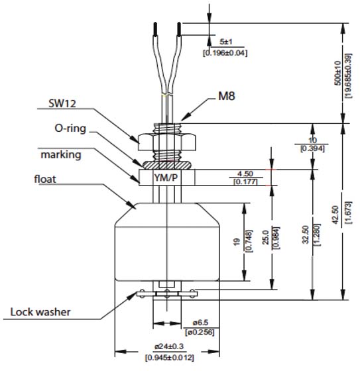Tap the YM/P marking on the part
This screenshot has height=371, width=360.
(167, 178)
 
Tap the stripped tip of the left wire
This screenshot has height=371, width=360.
(154, 29)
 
